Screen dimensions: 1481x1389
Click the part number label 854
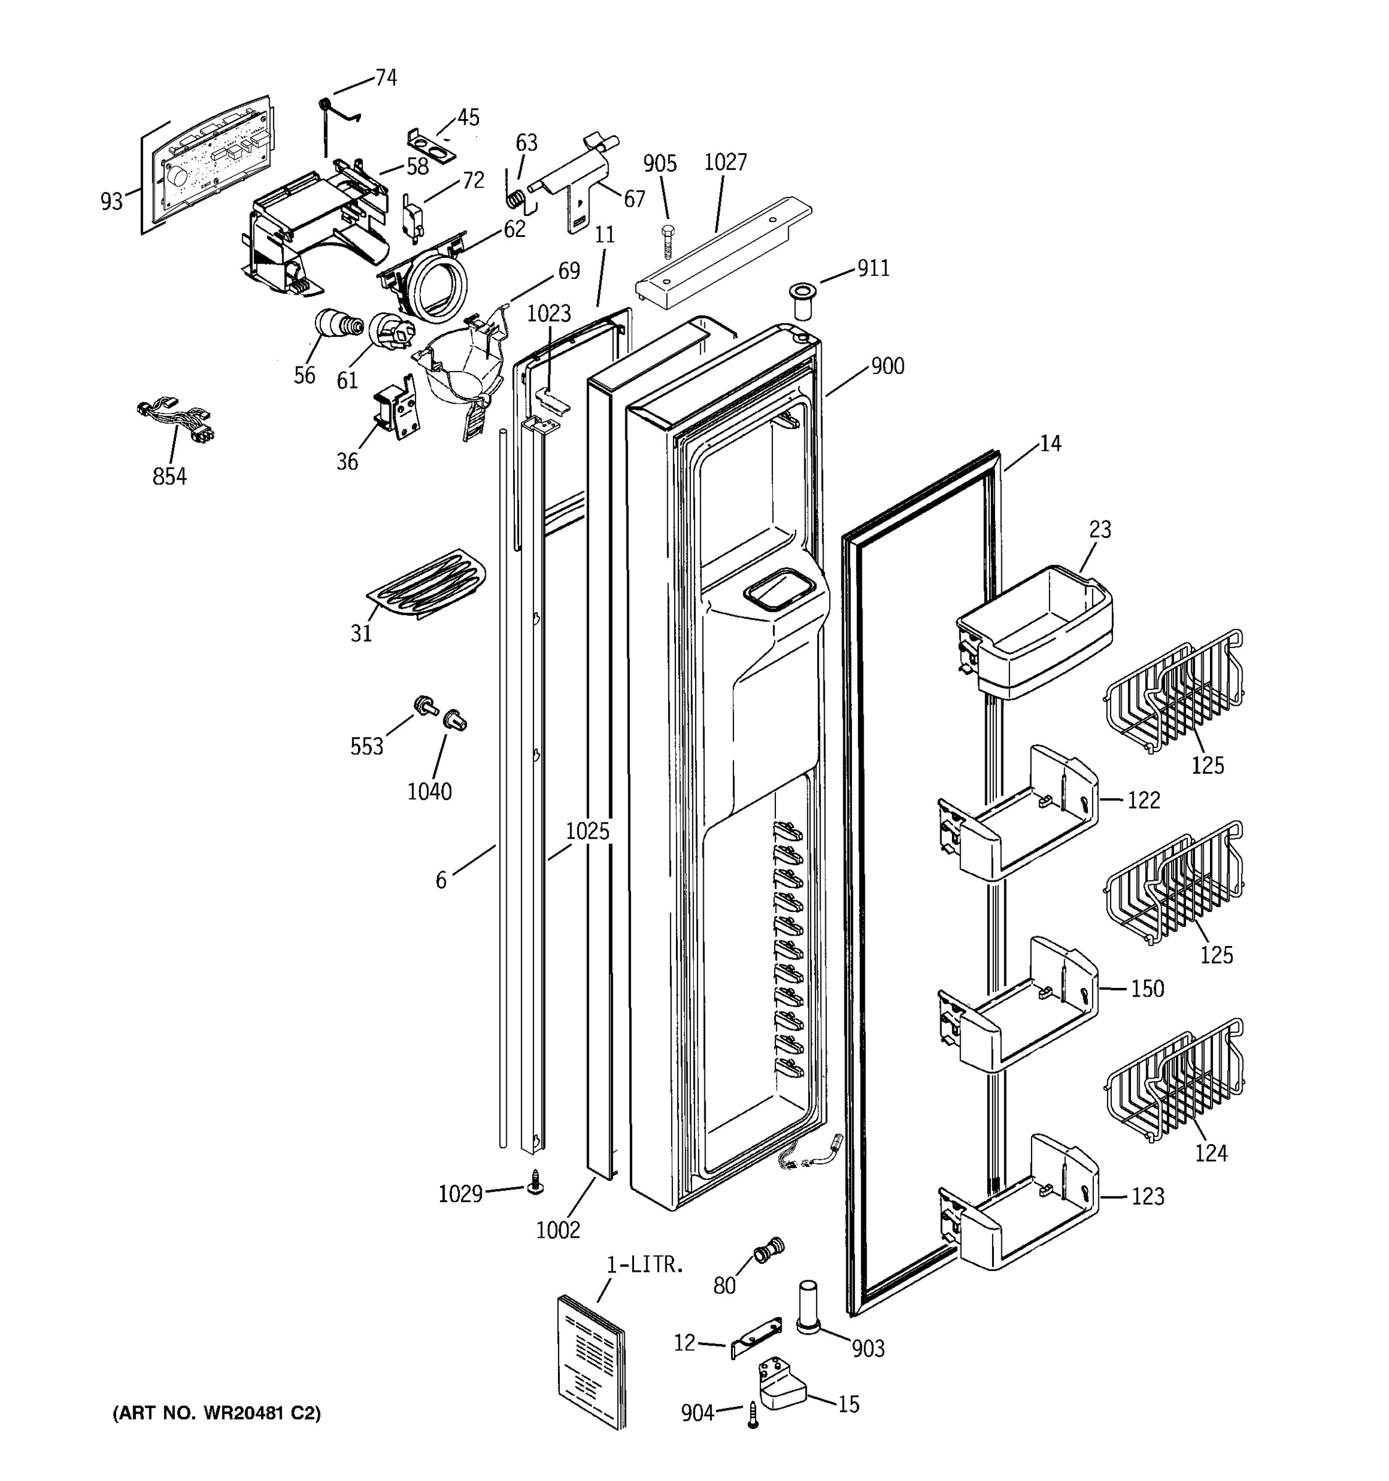point(169,476)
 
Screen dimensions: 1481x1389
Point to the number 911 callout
point(872,268)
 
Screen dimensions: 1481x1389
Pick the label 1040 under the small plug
point(429,791)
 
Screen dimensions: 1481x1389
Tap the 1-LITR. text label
point(644,1265)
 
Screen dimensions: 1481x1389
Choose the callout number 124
point(1211,1153)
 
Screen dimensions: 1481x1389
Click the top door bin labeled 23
point(1036,631)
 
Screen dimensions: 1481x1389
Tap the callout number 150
point(1147,989)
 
